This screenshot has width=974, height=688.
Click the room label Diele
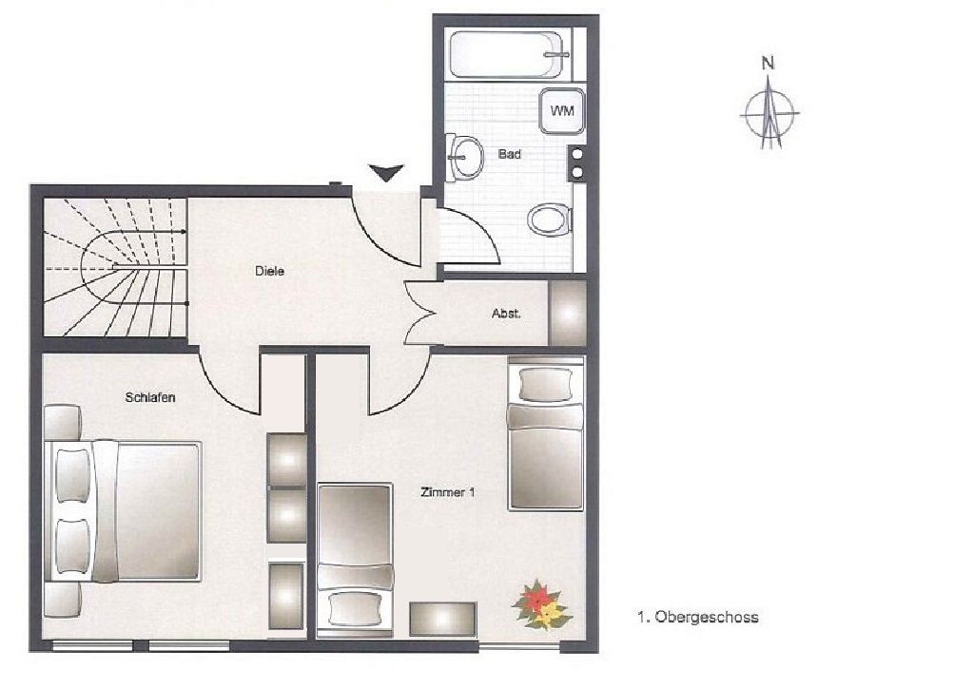click(269, 271)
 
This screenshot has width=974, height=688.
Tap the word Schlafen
click(150, 397)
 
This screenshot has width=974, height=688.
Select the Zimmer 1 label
click(448, 492)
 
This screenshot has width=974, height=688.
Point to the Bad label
click(510, 154)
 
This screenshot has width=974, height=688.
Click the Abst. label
click(506, 314)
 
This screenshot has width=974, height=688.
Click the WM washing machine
click(562, 111)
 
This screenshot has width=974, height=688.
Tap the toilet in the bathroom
click(550, 220)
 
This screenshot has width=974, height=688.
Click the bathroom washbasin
click(465, 157)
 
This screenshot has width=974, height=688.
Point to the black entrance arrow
click(386, 172)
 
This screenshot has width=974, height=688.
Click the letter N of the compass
click(769, 63)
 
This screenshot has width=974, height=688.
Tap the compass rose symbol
click(770, 113)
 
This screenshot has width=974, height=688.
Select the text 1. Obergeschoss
click(697, 618)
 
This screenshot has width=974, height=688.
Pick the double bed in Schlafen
click(123, 511)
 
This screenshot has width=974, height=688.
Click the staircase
click(115, 267)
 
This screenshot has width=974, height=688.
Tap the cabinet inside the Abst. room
click(568, 314)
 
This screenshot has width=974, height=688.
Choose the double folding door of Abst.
click(419, 314)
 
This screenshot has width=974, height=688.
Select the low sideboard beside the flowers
click(443, 620)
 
